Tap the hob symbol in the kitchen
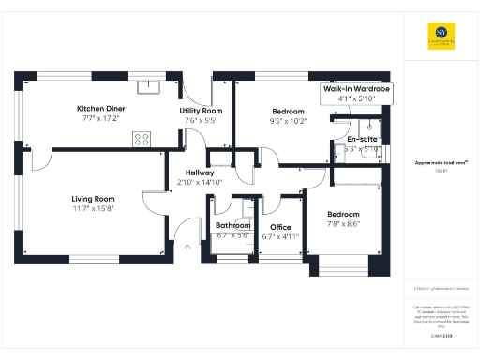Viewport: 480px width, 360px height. [x=142, y=139]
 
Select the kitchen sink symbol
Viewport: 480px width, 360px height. [x=149, y=87]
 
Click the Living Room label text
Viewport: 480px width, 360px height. [x=93, y=198]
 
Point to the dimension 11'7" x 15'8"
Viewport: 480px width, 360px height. [x=93, y=209]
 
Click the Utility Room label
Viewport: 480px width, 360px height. [x=199, y=111]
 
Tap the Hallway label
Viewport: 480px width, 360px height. [x=199, y=172]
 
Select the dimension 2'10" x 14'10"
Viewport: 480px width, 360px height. [x=199, y=183]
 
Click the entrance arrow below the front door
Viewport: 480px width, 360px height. [x=187, y=247]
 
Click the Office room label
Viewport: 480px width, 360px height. [x=280, y=227]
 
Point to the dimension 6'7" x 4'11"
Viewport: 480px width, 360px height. [x=280, y=236]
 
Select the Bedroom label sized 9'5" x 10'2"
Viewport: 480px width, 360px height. [x=288, y=111]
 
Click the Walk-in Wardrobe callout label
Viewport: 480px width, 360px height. [x=356, y=87]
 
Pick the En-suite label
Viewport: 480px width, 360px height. [x=361, y=140]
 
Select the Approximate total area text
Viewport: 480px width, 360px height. [x=437, y=163]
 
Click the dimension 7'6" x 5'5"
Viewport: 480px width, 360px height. [x=199, y=121]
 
